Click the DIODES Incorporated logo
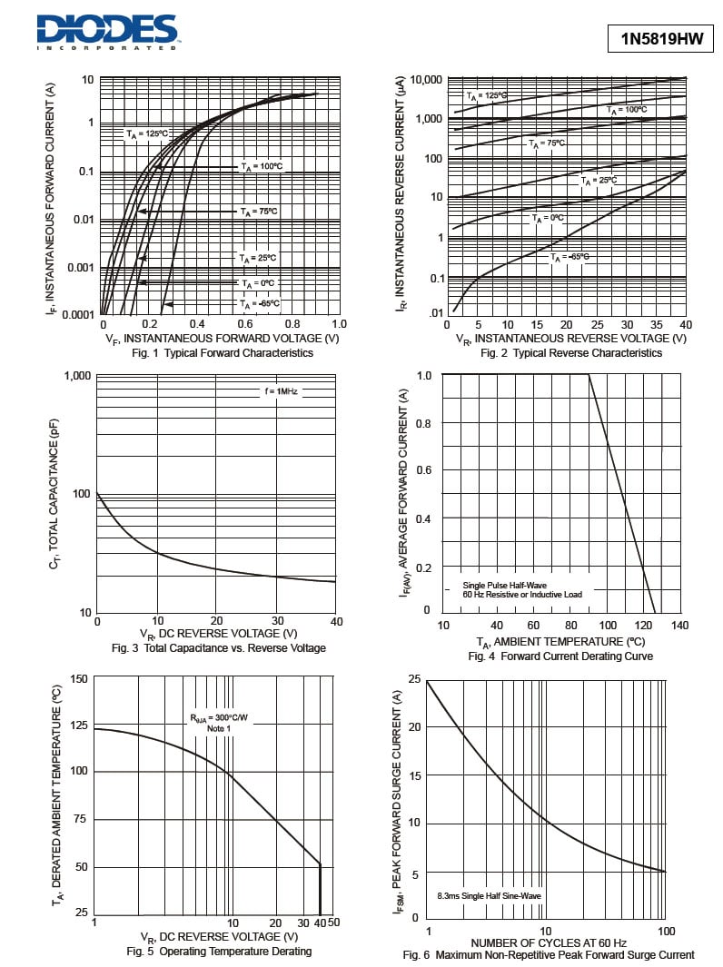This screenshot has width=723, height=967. click(x=107, y=32)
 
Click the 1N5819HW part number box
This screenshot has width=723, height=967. click(x=661, y=39)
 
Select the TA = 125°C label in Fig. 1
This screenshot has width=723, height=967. click(x=147, y=133)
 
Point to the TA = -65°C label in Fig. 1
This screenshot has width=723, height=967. click(x=259, y=304)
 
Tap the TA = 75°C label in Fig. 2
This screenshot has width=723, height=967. click(x=547, y=143)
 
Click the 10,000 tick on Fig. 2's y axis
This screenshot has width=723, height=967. click(x=426, y=80)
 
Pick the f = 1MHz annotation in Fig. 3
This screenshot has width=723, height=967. click(x=281, y=391)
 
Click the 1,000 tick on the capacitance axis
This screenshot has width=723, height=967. click(x=77, y=376)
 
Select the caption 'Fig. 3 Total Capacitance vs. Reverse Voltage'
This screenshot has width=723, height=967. click(x=218, y=648)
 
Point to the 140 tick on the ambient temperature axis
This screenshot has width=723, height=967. click(x=679, y=626)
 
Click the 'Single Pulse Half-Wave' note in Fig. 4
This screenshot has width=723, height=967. click(x=505, y=586)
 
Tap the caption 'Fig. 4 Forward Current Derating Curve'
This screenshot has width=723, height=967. click(x=560, y=656)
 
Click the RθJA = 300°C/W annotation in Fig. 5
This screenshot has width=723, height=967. click(x=219, y=718)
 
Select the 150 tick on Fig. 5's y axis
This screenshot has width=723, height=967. click(x=79, y=679)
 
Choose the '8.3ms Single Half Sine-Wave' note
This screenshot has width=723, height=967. click(x=490, y=896)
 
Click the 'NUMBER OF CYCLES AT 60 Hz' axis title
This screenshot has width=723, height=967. click(x=549, y=943)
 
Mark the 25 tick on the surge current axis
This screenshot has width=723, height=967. click(x=414, y=679)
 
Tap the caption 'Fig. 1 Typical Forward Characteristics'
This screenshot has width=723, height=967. click(x=223, y=353)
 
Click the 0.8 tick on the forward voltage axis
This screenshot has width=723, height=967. click(x=292, y=324)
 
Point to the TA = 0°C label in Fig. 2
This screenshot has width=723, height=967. click(x=548, y=218)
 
